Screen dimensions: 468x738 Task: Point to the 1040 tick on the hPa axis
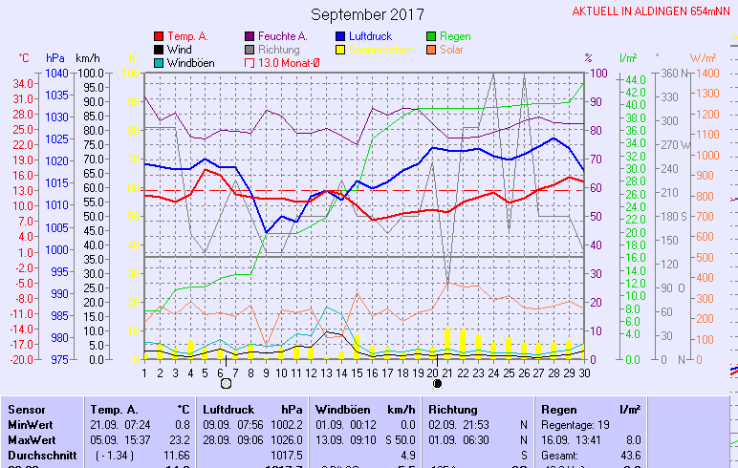tap(56, 74)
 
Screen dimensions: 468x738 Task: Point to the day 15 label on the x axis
tap(357, 372)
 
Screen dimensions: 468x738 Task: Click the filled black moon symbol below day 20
tap(437, 383)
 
